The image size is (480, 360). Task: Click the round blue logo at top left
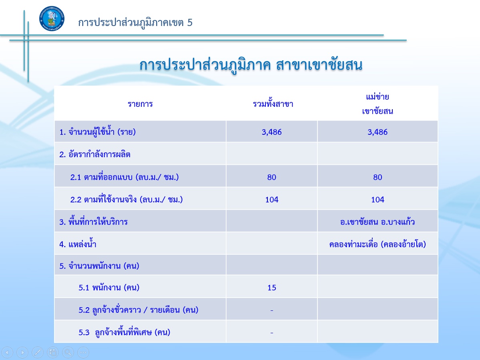click(x=52, y=18)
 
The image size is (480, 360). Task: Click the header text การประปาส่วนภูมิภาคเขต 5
click(x=135, y=23)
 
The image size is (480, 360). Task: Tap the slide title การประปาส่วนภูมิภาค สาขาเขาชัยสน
click(x=251, y=65)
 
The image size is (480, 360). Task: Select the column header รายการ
click(x=140, y=104)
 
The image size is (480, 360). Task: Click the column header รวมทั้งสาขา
click(x=273, y=104)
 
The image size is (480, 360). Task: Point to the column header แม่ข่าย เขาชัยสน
click(x=378, y=104)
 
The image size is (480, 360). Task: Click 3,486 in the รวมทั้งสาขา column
click(x=271, y=132)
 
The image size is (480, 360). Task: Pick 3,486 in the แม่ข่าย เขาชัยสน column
click(x=378, y=132)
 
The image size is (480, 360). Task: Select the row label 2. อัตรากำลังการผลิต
click(x=95, y=154)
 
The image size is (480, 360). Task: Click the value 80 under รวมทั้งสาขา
click(x=271, y=178)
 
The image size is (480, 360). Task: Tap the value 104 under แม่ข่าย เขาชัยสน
click(x=378, y=200)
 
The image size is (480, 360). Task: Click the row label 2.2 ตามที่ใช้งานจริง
click(x=127, y=200)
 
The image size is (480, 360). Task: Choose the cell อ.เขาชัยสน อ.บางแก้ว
click(x=378, y=222)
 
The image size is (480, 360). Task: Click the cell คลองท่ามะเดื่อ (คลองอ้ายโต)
click(x=378, y=244)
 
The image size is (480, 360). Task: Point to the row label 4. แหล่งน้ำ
click(x=78, y=244)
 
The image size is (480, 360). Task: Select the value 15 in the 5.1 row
click(x=271, y=288)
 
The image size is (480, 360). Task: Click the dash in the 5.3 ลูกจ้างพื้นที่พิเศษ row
click(x=272, y=333)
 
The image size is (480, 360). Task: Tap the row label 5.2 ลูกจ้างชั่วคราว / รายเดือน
click(x=139, y=310)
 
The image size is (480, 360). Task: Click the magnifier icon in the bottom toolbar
click(x=68, y=352)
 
